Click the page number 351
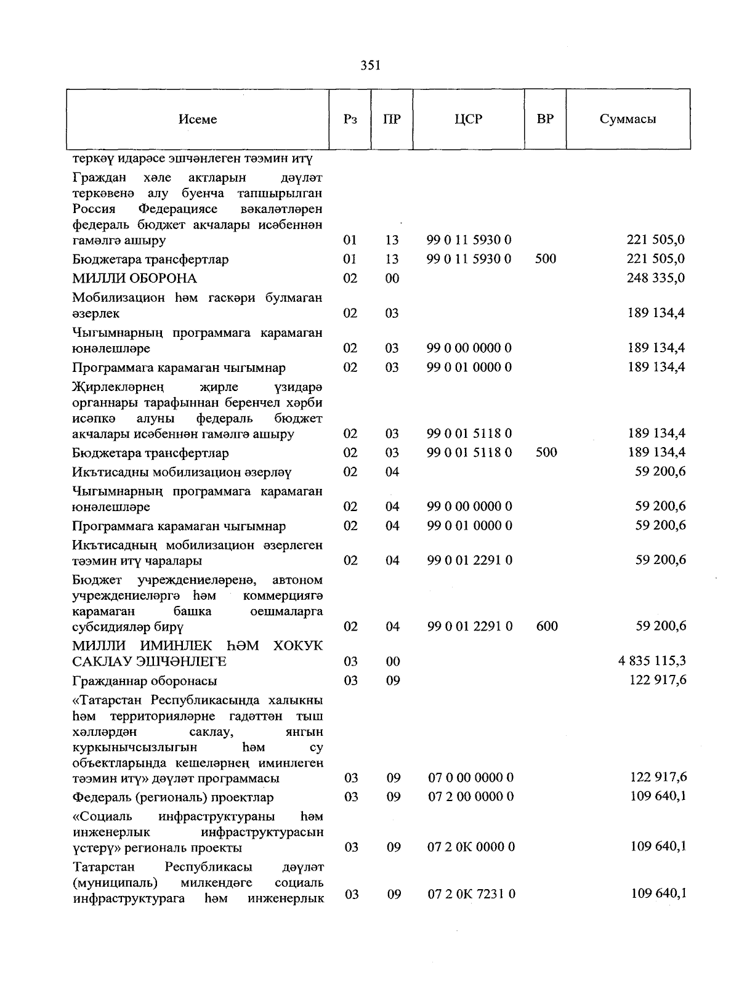tap(370, 65)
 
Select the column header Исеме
tap(198, 119)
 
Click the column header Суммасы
tap(628, 119)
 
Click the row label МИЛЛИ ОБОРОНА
tap(134, 278)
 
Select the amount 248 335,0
tap(656, 278)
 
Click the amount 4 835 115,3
tap(652, 661)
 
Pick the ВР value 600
tap(547, 626)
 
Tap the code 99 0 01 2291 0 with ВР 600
tap(470, 626)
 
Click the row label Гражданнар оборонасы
tap(145, 681)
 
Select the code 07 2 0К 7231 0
tap(472, 894)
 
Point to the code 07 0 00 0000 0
tap(470, 778)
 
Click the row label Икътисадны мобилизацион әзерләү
tap(182, 472)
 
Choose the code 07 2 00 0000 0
tap(470, 797)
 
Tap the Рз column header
tap(350, 119)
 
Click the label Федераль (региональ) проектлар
tap(173, 798)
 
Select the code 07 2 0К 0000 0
tap(471, 847)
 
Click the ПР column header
tap(392, 119)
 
